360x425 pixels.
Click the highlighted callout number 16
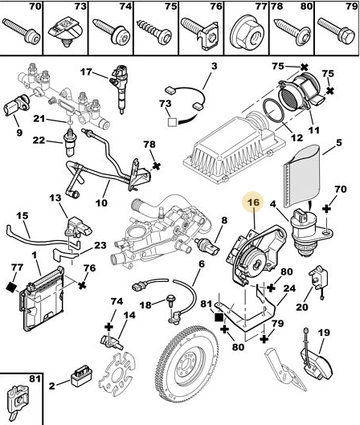point(253,202)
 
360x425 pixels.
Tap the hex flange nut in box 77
point(247,32)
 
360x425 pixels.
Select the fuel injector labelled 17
point(120,88)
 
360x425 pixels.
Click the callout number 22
point(39,141)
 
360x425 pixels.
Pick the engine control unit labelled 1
point(42,298)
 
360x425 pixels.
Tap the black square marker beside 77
point(11,287)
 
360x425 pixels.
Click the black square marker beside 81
point(219,317)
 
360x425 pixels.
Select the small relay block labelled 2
point(81,375)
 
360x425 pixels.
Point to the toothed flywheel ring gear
point(186,377)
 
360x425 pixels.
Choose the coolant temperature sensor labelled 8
point(208,246)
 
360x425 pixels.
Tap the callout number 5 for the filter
point(339,143)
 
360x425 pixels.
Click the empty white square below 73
point(173,122)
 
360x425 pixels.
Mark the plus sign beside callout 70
point(327,209)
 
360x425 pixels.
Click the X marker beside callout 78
point(157,166)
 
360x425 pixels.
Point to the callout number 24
point(289,288)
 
